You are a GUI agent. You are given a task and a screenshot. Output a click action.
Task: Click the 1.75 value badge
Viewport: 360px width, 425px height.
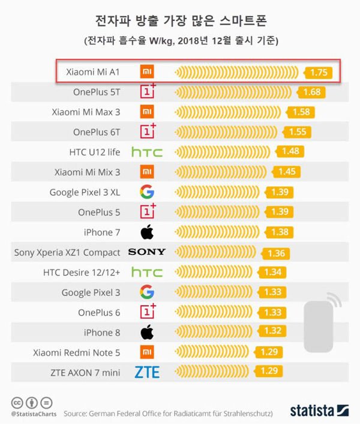[318, 73]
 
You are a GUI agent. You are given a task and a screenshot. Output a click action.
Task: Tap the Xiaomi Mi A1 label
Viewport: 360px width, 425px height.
[94, 72]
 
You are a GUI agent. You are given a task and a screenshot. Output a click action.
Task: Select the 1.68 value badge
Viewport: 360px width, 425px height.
[312, 92]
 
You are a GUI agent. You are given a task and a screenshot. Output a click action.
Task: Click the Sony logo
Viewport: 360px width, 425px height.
[146, 252]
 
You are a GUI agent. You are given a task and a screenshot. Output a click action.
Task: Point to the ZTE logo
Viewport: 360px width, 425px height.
[146, 373]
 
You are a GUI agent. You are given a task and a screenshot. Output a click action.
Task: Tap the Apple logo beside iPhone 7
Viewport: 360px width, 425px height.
[146, 232]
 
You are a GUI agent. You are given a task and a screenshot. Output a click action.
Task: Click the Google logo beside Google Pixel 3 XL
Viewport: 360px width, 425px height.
[146, 192]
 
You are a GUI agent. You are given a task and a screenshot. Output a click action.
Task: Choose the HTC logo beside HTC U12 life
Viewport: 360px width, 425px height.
[146, 152]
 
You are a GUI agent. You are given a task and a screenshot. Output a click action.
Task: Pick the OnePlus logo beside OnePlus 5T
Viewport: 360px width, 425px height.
[147, 92]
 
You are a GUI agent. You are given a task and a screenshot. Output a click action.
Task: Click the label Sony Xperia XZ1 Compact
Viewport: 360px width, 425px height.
[67, 252]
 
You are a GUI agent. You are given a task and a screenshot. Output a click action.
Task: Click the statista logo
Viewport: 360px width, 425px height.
[319, 411]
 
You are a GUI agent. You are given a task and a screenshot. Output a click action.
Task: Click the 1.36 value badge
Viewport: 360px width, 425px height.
[276, 253]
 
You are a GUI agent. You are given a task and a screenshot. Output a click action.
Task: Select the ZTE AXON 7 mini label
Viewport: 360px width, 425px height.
[85, 373]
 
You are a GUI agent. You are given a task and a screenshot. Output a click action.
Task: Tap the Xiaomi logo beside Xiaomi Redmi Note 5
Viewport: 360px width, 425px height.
[146, 352]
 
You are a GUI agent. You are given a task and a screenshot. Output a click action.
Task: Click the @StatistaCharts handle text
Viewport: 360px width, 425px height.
[34, 414]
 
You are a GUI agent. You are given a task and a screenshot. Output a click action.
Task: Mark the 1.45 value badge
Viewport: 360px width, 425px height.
[287, 172]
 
